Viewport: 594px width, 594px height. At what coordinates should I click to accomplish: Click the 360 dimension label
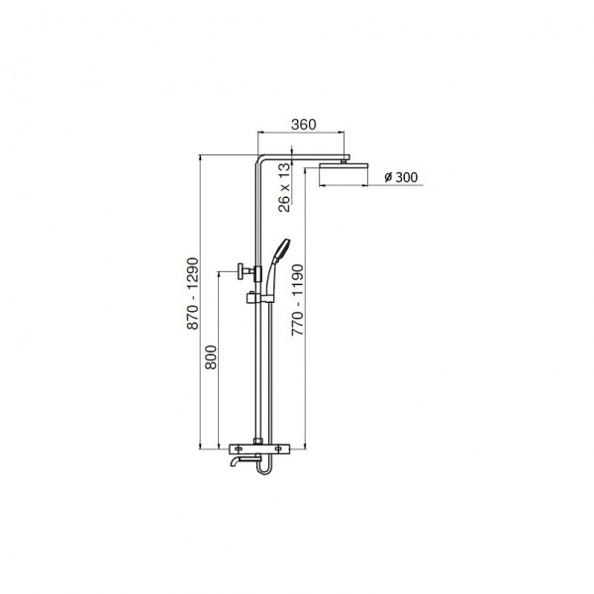click(x=304, y=125)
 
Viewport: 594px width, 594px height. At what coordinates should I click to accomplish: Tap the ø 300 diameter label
click(x=401, y=177)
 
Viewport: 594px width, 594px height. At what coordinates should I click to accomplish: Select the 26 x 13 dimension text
click(x=284, y=187)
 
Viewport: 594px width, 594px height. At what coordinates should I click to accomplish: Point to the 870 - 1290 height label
click(x=193, y=293)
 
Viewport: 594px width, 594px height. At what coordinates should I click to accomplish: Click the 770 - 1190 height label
click(x=297, y=300)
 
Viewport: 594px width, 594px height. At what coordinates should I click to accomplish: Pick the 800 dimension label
click(x=211, y=356)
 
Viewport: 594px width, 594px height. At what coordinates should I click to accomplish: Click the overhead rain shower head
click(x=344, y=165)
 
